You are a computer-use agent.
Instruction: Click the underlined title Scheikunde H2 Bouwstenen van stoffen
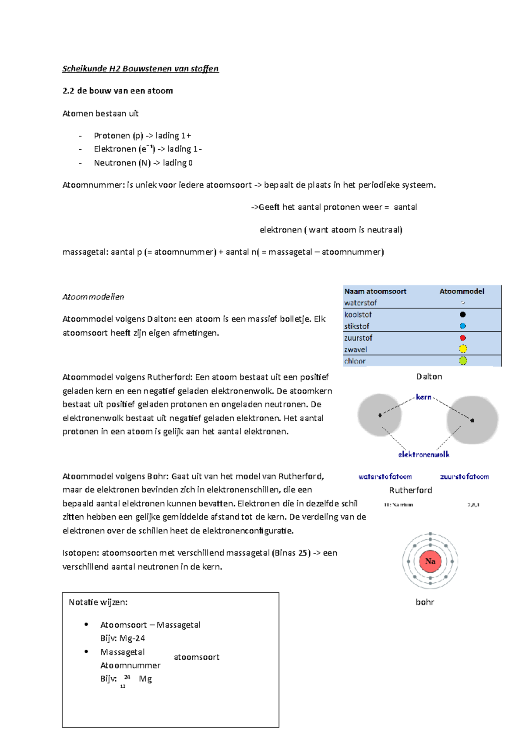140,69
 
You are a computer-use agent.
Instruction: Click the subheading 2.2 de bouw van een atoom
117,91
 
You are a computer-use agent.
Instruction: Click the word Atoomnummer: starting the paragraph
93,185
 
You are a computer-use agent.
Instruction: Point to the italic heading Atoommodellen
93,297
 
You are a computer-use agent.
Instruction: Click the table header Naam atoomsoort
375,292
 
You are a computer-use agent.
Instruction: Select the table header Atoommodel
462,292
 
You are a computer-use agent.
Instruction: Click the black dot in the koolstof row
463,315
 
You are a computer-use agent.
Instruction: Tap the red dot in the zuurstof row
463,338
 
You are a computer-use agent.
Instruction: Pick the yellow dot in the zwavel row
463,349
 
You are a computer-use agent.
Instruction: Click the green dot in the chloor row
463,361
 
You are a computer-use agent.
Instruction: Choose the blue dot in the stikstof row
463,326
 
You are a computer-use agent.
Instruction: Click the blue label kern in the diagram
423,397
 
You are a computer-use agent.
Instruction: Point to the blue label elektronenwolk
424,454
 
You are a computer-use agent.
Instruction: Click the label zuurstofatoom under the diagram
464,477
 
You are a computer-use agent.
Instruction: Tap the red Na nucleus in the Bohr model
430,561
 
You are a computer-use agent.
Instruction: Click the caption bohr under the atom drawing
425,602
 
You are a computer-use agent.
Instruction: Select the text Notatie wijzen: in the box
98,602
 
